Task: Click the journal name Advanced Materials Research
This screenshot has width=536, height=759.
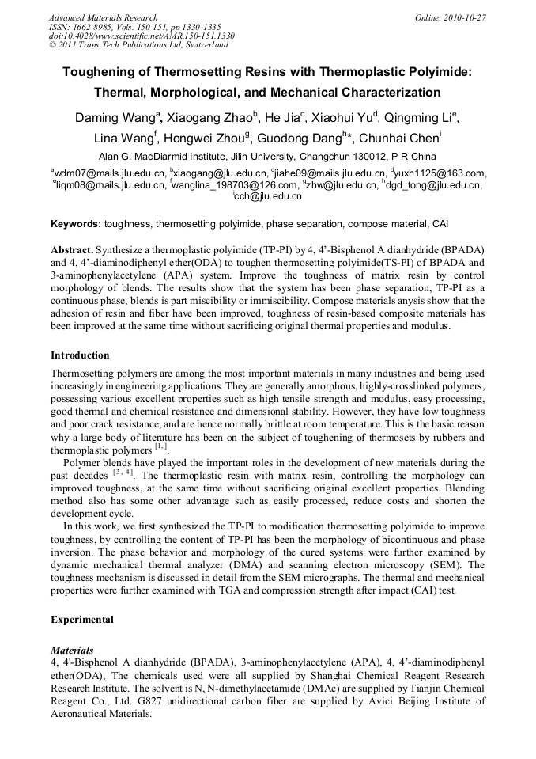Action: [103, 17]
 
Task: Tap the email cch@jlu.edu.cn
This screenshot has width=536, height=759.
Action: [269, 196]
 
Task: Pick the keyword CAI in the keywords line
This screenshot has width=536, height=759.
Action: [440, 225]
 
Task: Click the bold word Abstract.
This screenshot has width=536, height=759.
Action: [74, 249]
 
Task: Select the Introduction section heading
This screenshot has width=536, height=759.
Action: [80, 355]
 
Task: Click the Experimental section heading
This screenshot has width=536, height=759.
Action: [82, 620]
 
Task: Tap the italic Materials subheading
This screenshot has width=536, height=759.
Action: [72, 650]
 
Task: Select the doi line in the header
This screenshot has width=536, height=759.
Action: [142, 36]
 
